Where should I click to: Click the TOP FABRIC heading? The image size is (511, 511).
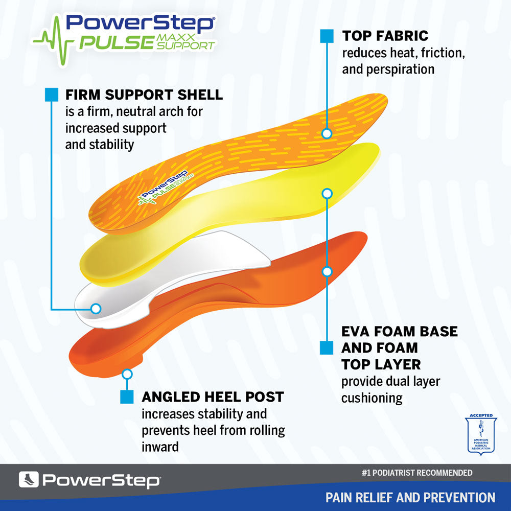pyautogui.click(x=385, y=36)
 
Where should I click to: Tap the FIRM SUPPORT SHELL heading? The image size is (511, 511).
pyautogui.click(x=144, y=95)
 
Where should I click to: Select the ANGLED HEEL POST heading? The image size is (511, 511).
pyautogui.click(x=213, y=397)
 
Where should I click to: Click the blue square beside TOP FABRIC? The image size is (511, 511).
pyautogui.click(x=327, y=36)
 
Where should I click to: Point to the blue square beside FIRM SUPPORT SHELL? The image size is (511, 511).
pyautogui.click(x=52, y=95)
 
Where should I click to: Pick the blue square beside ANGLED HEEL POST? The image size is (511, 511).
pyautogui.click(x=127, y=397)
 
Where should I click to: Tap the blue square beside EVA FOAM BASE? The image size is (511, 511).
pyautogui.click(x=327, y=347)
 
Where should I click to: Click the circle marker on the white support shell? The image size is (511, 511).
pyautogui.click(x=95, y=308)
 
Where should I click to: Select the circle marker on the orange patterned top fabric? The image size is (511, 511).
pyautogui.click(x=327, y=133)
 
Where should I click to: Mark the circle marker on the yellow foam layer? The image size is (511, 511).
pyautogui.click(x=327, y=194)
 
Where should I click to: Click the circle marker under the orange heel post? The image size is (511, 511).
pyautogui.click(x=127, y=374)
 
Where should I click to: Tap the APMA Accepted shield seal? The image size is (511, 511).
pyautogui.click(x=480, y=435)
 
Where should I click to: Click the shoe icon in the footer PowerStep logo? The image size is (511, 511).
pyautogui.click(x=29, y=480)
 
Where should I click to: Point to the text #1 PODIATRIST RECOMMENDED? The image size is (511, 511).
pyautogui.click(x=416, y=473)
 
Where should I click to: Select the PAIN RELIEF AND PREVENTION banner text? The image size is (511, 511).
pyautogui.click(x=410, y=497)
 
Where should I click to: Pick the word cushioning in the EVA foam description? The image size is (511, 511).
pyautogui.click(x=372, y=398)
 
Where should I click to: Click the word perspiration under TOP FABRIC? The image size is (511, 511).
pyautogui.click(x=388, y=69)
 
